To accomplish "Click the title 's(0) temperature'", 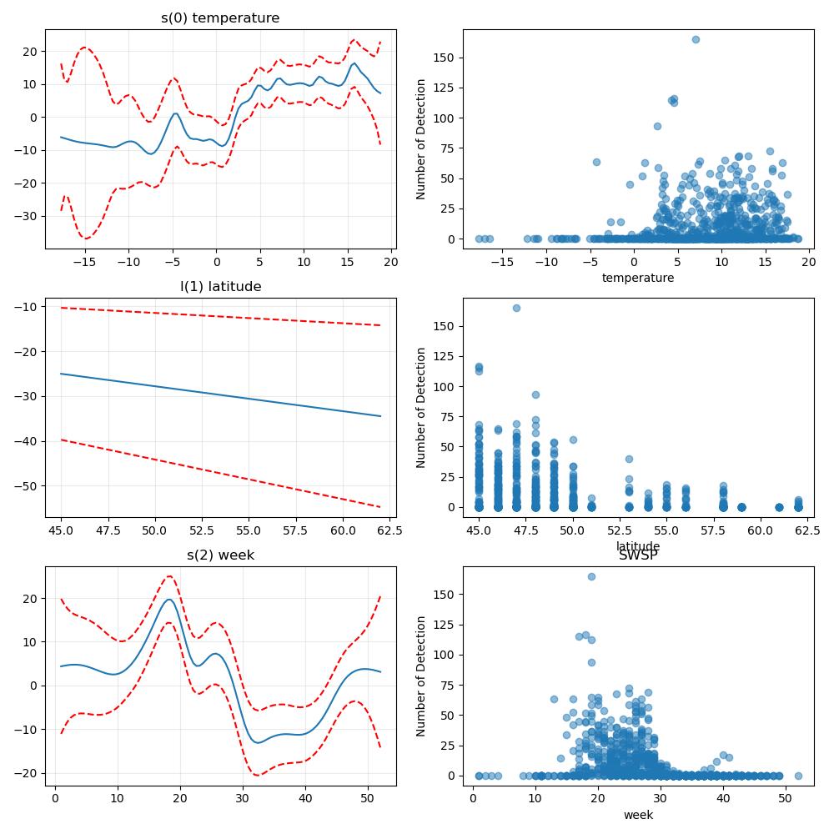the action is point(220,18).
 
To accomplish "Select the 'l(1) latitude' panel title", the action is point(221,287).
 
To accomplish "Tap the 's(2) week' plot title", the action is point(221,555).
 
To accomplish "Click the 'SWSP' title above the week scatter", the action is point(638,555).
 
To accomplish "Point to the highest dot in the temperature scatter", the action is point(696,39).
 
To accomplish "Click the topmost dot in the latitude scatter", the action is point(516,308).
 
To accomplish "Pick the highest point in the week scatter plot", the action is point(591,576).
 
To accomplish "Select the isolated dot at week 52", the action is point(798,776).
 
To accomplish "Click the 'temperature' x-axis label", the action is point(638,278).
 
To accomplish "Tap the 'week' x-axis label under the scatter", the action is point(638,815).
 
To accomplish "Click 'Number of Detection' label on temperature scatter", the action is point(421,139).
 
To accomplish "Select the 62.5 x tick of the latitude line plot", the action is point(389,530).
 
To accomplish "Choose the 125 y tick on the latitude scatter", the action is point(444,356).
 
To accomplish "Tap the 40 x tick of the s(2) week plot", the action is point(305,798).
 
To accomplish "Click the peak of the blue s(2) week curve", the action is point(169,600).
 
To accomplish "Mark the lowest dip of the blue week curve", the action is point(258,742).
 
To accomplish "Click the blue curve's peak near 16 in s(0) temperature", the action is point(354,63).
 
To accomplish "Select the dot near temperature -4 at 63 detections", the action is point(596,163).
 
